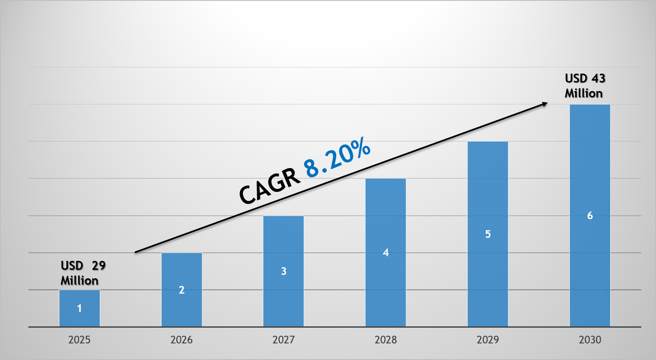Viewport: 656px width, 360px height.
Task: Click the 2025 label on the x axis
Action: point(80,340)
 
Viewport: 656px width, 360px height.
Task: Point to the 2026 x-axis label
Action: point(182,340)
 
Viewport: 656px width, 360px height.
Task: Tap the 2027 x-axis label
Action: point(284,340)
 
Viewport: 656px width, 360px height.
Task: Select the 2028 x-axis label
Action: point(386,340)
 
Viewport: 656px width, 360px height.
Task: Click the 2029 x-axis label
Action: point(488,340)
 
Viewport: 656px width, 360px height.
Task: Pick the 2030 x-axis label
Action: point(590,340)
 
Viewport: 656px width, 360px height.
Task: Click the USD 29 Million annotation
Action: point(83,273)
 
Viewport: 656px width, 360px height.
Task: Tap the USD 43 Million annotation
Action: point(584,86)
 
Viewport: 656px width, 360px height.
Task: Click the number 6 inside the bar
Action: point(590,216)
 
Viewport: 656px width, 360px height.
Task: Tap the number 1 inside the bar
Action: point(80,309)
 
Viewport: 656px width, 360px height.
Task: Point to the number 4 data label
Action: point(386,253)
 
